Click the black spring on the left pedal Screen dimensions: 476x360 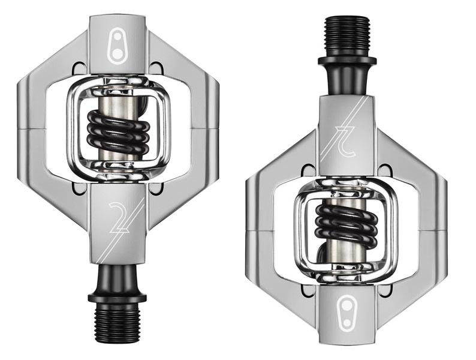click(x=118, y=131)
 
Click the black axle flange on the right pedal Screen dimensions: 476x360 click(x=347, y=60)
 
